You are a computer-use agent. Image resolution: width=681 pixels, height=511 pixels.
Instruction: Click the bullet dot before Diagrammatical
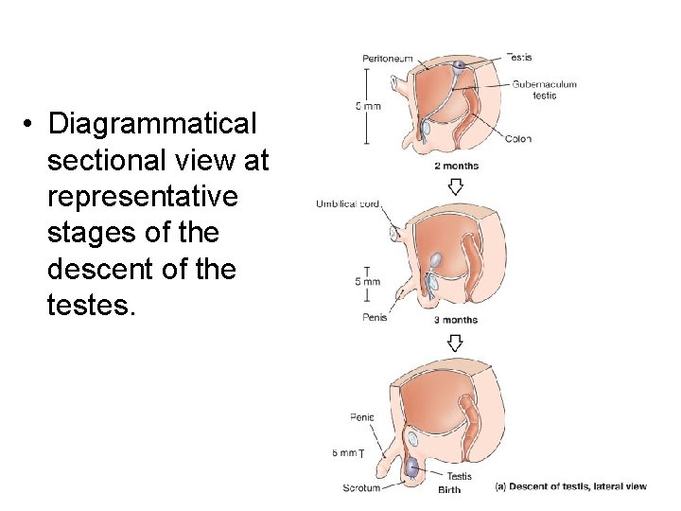[x=31, y=125]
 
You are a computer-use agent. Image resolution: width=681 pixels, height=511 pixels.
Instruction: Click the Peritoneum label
[x=387, y=59]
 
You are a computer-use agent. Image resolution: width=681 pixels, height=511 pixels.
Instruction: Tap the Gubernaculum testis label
[x=544, y=90]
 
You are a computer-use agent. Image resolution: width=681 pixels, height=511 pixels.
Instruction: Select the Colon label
[x=517, y=139]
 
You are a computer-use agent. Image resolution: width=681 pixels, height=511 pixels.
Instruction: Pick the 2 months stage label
[x=456, y=166]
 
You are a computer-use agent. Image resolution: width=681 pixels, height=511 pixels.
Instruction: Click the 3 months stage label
[x=456, y=320]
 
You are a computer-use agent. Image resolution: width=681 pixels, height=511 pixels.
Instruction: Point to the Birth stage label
[x=449, y=489]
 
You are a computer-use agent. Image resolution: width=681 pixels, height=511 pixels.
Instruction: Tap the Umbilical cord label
[x=348, y=204]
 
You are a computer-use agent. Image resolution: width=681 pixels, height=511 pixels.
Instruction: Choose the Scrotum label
[x=361, y=488]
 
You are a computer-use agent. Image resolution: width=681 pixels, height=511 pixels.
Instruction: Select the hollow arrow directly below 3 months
[x=455, y=340]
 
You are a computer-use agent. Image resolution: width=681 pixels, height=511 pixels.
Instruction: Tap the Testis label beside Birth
[x=459, y=476]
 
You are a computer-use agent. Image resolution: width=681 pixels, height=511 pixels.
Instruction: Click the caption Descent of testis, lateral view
[x=571, y=486]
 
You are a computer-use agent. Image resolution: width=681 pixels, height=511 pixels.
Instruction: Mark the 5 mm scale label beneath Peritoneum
[x=368, y=106]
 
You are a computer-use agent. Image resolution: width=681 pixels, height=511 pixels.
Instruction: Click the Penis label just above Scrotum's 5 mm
[x=362, y=416]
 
